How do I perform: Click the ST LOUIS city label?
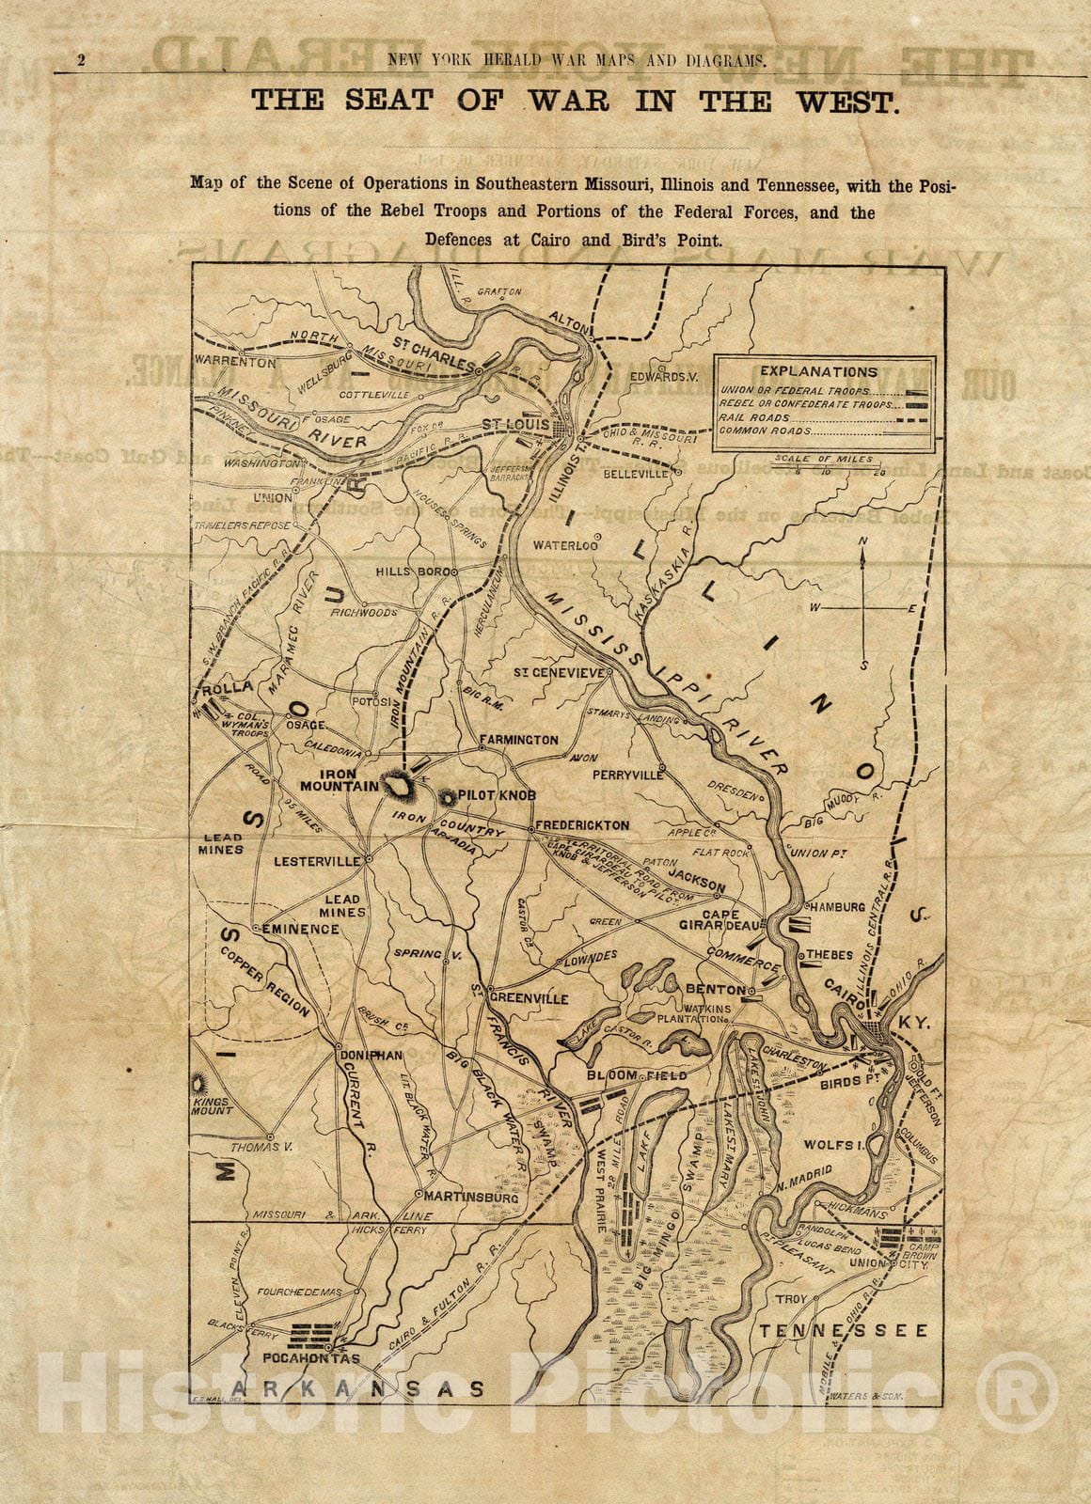515,426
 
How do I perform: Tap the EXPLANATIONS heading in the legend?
818,371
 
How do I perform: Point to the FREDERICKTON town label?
581,824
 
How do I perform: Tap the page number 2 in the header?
82,61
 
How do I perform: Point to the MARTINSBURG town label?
472,1198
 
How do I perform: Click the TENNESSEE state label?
845,1330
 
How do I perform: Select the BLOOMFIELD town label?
637,1074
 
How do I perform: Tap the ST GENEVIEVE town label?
559,673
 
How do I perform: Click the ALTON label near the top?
568,318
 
